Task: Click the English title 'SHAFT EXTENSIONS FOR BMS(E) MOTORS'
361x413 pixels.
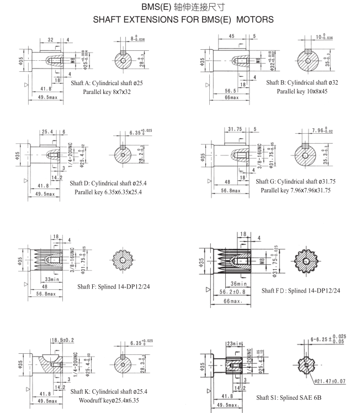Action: click(183, 19)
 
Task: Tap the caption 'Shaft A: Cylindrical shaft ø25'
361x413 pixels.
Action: click(107, 82)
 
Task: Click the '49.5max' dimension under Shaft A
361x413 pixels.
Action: click(43, 97)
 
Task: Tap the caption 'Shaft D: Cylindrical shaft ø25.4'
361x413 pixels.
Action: click(113, 183)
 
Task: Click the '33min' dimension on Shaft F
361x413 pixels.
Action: click(52, 279)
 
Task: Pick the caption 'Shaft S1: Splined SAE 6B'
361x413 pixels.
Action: click(289, 398)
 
